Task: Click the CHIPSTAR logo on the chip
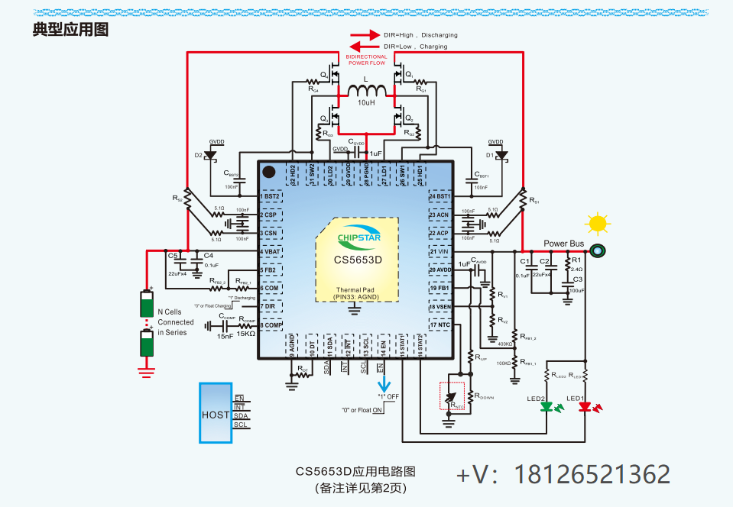[x=357, y=236]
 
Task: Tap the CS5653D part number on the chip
[x=357, y=260]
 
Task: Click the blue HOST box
[x=216, y=412]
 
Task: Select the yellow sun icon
[x=597, y=224]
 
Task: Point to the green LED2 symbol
[x=547, y=407]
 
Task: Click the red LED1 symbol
[x=585, y=407]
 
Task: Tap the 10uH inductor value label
[x=367, y=103]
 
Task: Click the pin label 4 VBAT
[x=271, y=251]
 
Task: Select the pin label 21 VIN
[x=439, y=251]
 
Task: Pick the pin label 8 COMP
[x=271, y=325]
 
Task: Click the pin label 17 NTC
[x=439, y=325]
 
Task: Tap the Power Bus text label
[x=563, y=244]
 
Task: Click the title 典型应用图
[x=70, y=30]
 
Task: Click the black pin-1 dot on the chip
[x=269, y=172]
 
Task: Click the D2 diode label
[x=198, y=155]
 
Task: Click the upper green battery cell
[x=146, y=303]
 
